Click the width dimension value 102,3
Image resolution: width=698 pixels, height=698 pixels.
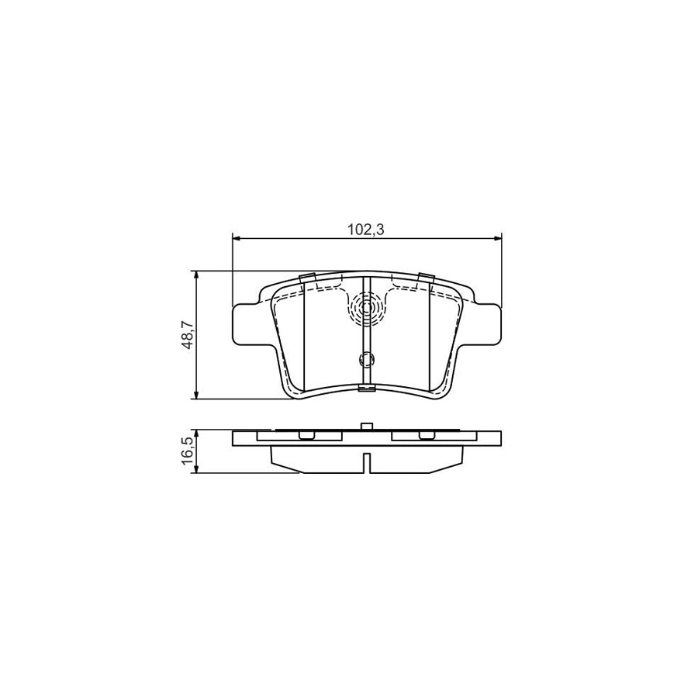pyautogui.click(x=367, y=229)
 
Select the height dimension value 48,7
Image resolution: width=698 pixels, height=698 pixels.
pyautogui.click(x=187, y=335)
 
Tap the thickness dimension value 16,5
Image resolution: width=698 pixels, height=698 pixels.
pyautogui.click(x=187, y=451)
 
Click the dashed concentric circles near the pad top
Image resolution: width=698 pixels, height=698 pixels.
pyautogui.click(x=367, y=309)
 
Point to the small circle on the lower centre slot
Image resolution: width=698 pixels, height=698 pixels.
pyautogui.click(x=367, y=359)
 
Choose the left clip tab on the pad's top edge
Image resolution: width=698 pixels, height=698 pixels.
pyautogui.click(x=306, y=278)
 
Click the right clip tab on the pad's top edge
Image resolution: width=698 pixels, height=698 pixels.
pyautogui.click(x=425, y=278)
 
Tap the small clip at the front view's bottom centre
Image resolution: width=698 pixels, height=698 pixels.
pyautogui.click(x=367, y=388)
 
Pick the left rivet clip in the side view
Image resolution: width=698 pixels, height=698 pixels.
pyautogui.click(x=307, y=436)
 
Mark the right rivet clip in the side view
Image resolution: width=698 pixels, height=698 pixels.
pyautogui.click(x=425, y=436)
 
